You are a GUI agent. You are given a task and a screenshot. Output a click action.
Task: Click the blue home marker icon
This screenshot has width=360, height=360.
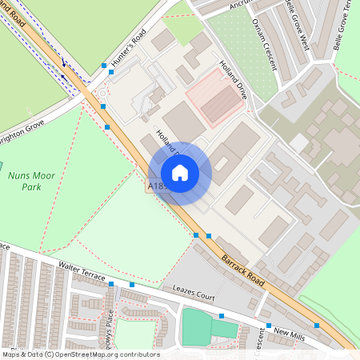(180, 173)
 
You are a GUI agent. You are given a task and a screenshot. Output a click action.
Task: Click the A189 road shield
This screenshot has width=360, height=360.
(158, 186)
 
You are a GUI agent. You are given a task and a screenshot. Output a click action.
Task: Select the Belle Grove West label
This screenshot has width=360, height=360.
(297, 24)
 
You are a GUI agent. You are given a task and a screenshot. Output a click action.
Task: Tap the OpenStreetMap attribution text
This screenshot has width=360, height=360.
(80, 354)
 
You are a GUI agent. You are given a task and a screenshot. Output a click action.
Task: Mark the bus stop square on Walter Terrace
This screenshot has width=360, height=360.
(111, 284)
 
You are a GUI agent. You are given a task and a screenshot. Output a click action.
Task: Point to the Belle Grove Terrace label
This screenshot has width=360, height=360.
(346, 16)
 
